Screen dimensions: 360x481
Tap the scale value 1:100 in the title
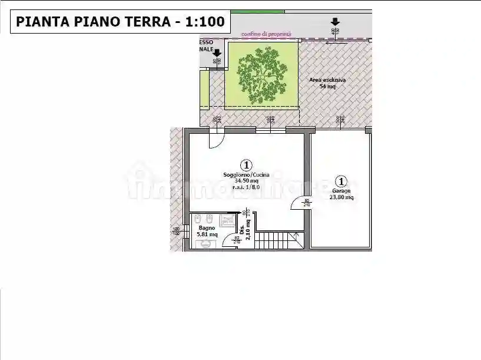click(x=205, y=22)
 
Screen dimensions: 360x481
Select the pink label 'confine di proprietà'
click(x=266, y=34)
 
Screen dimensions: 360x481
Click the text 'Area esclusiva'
click(x=327, y=80)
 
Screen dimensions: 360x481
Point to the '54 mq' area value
click(x=327, y=87)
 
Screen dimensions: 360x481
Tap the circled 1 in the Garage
click(x=341, y=181)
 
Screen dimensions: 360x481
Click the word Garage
click(x=341, y=191)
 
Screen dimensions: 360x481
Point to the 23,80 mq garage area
click(x=341, y=198)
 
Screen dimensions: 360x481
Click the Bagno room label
click(x=206, y=228)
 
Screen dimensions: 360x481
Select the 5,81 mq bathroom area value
click(x=207, y=235)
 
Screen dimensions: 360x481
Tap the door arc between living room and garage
click(x=299, y=203)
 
